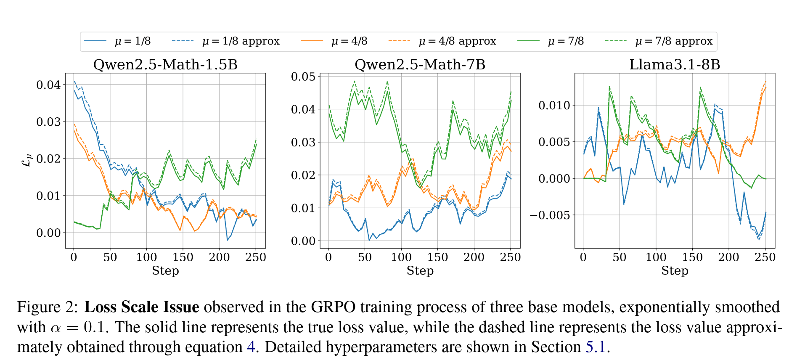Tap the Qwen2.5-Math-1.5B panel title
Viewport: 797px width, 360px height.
click(x=165, y=65)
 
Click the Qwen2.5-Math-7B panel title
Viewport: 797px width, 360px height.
click(x=420, y=65)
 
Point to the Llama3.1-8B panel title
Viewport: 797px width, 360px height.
click(x=675, y=65)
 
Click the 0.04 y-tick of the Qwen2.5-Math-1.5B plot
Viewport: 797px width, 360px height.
click(x=48, y=85)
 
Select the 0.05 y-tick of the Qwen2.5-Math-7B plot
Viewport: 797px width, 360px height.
click(x=303, y=77)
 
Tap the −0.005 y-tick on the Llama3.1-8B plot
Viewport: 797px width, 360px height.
click(x=550, y=215)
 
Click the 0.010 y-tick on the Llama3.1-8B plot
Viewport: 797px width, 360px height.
click(x=554, y=105)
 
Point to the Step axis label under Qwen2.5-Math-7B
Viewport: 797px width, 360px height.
click(x=420, y=271)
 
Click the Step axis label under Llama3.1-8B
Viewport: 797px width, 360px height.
click(x=675, y=271)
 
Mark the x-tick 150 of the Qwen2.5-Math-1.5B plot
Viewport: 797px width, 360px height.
click(x=183, y=257)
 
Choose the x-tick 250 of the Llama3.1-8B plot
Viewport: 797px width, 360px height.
click(x=765, y=257)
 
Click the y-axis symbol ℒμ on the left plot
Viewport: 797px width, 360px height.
click(x=26, y=160)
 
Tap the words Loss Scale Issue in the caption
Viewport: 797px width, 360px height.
click(x=142, y=307)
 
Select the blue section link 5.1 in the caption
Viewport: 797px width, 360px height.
click(x=596, y=347)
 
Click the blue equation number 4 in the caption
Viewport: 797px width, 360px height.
click(x=251, y=347)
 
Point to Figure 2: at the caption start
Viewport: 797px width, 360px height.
click(x=47, y=307)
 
